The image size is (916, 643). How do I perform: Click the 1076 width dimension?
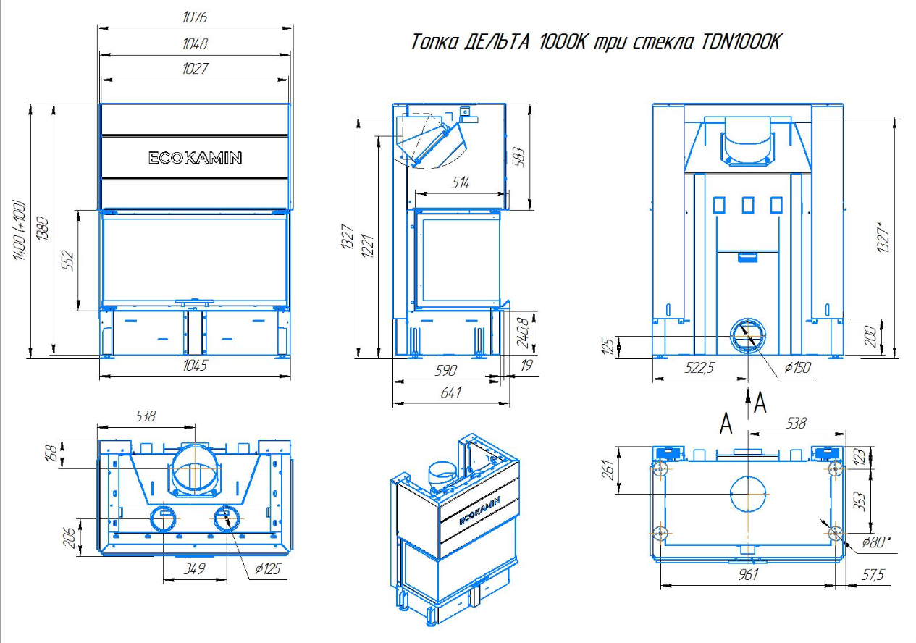pyautogui.click(x=195, y=17)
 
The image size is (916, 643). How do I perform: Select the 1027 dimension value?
pyautogui.click(x=195, y=68)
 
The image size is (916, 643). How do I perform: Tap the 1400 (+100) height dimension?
pyautogui.click(x=20, y=230)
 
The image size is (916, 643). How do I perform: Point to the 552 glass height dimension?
pyautogui.click(x=68, y=260)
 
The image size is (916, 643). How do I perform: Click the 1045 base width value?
pyautogui.click(x=195, y=365)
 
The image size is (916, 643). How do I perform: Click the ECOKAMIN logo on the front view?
pyautogui.click(x=195, y=158)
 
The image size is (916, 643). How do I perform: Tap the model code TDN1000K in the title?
pyautogui.click(x=741, y=41)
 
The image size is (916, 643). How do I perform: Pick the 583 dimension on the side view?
pyautogui.click(x=518, y=156)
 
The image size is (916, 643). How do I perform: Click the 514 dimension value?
pyautogui.click(x=461, y=183)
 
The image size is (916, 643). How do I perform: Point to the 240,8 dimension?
pyautogui.click(x=524, y=332)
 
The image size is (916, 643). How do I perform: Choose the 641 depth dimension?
pyautogui.click(x=450, y=392)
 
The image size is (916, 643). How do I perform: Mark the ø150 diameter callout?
pyautogui.click(x=797, y=367)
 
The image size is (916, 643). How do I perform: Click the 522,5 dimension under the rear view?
pyautogui.click(x=699, y=368)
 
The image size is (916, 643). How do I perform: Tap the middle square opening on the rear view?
pyautogui.click(x=748, y=205)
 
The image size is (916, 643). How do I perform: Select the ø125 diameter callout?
pyautogui.click(x=268, y=568)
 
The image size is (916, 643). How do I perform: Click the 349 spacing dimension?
pyautogui.click(x=194, y=568)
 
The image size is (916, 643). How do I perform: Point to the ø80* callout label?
pyautogui.click(x=876, y=542)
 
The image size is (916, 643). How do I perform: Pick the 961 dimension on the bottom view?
pyautogui.click(x=748, y=575)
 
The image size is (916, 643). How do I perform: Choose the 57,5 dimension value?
pyautogui.click(x=873, y=575)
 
